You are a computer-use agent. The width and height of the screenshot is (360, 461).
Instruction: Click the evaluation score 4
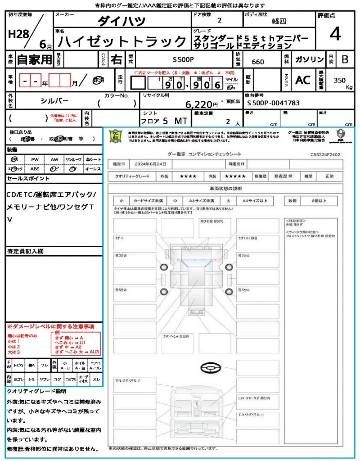tap(334, 34)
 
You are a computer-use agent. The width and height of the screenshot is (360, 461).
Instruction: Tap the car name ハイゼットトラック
tap(122, 42)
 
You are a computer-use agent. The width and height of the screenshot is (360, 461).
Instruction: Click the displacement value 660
tap(258, 62)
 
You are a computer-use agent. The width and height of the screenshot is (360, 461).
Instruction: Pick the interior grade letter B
tap(345, 59)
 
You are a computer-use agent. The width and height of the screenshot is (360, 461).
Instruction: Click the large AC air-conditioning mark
tap(303, 80)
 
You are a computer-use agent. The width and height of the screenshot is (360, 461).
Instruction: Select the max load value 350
tap(339, 80)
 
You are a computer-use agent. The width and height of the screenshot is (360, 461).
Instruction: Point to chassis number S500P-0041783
tap(273, 103)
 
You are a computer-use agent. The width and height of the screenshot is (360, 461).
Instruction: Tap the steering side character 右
tap(116, 59)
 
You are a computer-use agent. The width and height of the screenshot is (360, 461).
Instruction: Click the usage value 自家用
tap(34, 59)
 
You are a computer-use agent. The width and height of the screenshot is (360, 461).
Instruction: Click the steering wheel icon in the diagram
tap(211, 368)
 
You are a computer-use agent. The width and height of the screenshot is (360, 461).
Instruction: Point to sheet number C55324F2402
tap(325, 154)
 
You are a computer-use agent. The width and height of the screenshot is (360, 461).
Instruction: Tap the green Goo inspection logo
tap(116, 136)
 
